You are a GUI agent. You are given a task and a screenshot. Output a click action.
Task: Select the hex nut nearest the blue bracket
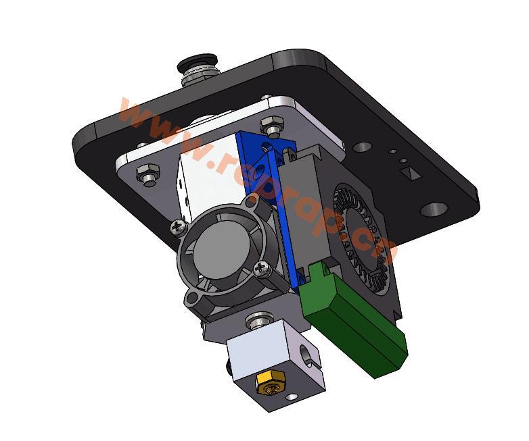[273, 126]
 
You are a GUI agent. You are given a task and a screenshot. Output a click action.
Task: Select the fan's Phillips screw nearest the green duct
[262, 269]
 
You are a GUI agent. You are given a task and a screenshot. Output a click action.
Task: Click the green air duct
[352, 324]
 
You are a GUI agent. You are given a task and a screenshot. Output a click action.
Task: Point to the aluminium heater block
[271, 365]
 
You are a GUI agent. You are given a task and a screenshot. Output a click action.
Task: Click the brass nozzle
[266, 385]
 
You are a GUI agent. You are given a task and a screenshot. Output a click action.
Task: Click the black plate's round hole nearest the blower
[362, 147]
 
